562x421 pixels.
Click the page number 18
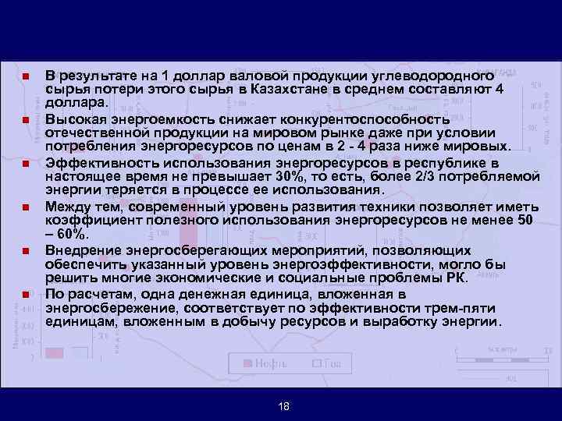click(x=283, y=406)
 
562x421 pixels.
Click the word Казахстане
click(x=288, y=90)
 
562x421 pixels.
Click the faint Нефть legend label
click(x=273, y=363)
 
